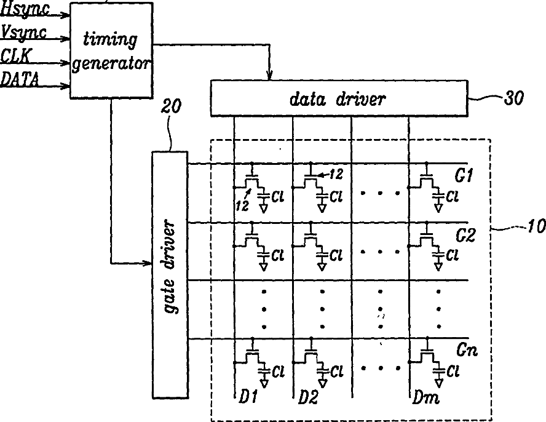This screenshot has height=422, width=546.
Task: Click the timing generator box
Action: tap(111, 50)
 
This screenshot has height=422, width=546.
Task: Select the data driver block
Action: tap(339, 98)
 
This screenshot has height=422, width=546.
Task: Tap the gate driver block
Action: tap(170, 274)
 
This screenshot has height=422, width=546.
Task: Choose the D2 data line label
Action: tap(309, 399)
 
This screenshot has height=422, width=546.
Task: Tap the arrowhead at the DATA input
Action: tap(66, 86)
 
